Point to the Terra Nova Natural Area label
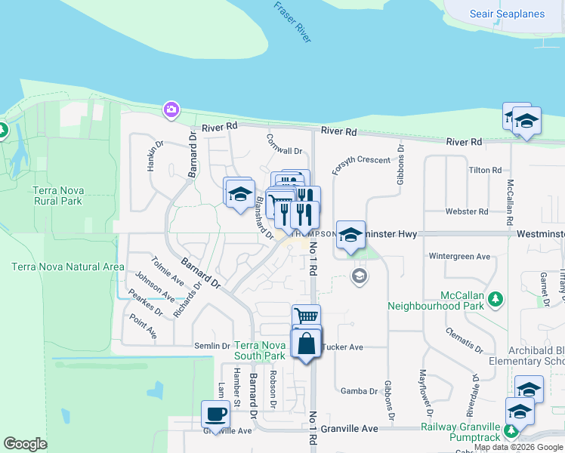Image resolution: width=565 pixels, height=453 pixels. [68, 267]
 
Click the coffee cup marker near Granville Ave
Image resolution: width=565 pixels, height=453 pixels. [216, 414]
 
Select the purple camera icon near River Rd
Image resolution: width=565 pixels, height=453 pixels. [171, 110]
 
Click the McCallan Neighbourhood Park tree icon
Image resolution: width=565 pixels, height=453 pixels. [495, 299]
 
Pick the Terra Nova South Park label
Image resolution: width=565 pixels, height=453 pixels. [259, 350]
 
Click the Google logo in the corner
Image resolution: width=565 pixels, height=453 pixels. [26, 444]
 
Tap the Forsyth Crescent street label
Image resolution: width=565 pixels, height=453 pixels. [362, 159]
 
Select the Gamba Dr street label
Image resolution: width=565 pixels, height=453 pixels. [359, 391]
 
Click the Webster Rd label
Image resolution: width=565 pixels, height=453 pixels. [484, 211]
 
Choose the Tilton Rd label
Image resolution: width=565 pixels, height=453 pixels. [484, 171]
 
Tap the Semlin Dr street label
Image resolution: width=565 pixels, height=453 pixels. [214, 346]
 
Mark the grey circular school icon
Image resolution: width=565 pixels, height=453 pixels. [360, 277]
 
